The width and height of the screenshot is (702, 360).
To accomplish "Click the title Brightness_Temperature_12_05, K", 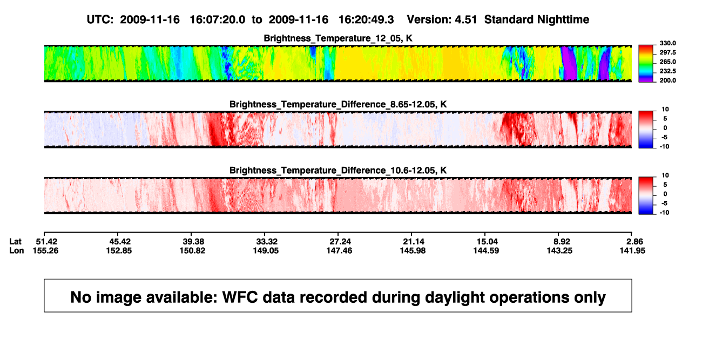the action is tap(338, 38).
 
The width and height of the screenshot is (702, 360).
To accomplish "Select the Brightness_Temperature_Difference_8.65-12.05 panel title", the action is tap(338, 104).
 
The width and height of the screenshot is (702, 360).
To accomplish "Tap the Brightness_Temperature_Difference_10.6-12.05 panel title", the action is tap(338, 171).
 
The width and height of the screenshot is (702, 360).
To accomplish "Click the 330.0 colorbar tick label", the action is tap(667, 43).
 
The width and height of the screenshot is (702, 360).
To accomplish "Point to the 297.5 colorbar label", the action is tap(667, 52).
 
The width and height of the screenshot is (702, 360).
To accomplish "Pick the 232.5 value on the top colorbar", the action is tap(667, 71).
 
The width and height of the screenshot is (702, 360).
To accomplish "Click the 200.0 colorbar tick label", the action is tap(667, 80).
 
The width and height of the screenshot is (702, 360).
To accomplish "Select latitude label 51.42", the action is tap(46, 242).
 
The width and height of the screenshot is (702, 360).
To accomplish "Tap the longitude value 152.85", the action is tap(119, 250).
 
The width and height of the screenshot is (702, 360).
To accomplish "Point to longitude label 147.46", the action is tap(339, 250).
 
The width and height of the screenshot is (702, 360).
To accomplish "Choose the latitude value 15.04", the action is tap(487, 242).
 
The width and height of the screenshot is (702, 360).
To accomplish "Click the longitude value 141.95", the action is tap(632, 250).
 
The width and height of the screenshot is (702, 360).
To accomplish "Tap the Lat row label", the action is tap(15, 242).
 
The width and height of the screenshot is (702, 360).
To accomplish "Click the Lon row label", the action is tap(16, 250).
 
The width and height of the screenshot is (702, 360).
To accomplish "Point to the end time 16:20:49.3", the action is tap(366, 19).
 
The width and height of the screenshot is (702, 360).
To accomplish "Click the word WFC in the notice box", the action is tap(240, 297).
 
